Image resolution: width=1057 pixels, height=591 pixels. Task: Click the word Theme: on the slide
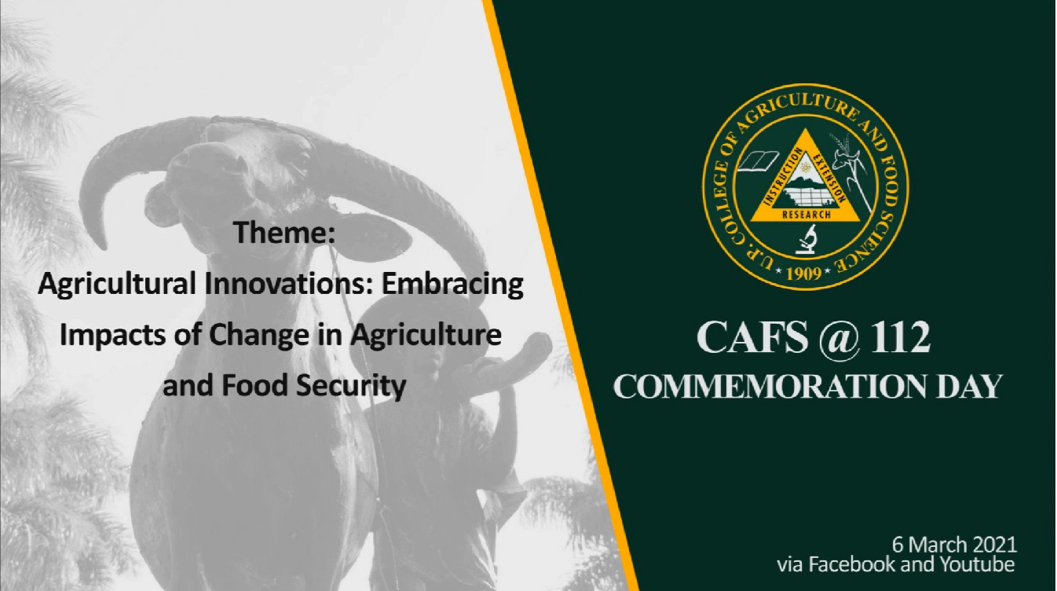284,233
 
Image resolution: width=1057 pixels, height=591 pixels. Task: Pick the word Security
351,387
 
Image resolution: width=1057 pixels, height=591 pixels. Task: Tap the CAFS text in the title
752,337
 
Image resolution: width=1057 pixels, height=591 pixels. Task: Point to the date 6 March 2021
954,545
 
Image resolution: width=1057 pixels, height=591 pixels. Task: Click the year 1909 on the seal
804,273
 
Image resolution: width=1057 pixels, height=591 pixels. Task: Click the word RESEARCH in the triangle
806,215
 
